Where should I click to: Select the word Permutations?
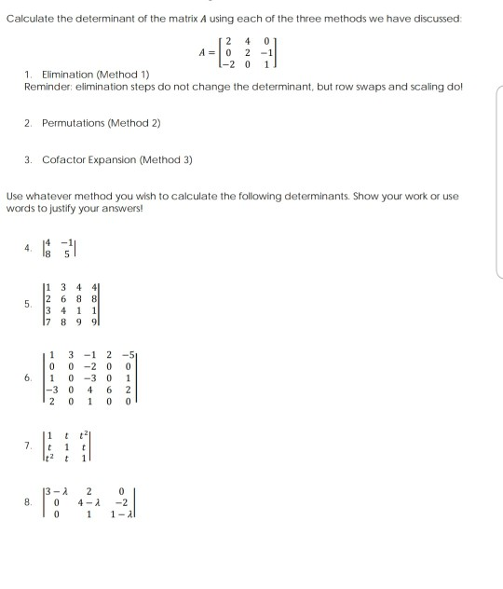(77, 123)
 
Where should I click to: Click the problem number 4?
(28, 249)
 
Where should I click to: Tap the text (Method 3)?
(170, 159)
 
